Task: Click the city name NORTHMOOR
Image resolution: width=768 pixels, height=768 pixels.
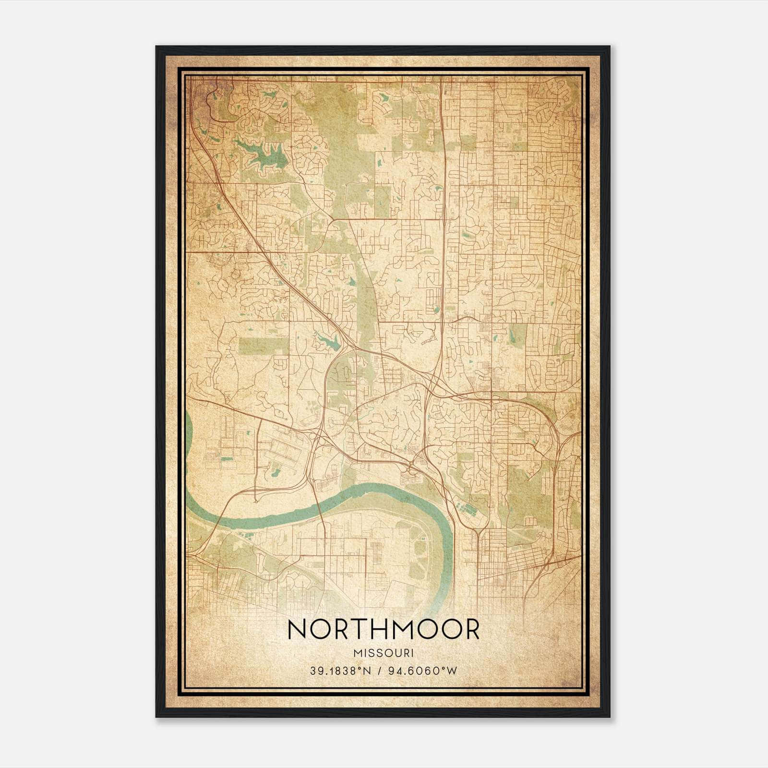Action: (383, 629)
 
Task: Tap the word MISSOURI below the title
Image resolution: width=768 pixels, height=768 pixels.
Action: (383, 653)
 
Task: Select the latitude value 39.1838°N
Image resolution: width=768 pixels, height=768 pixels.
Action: (340, 671)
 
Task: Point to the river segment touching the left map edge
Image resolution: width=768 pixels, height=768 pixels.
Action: (188, 432)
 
